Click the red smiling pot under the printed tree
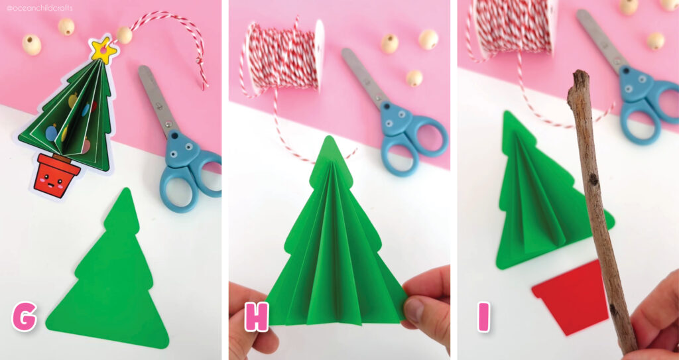pyautogui.click(x=58, y=175)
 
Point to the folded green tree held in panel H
pyautogui.click(x=335, y=245)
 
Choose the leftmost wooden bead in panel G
pyautogui.click(x=31, y=44)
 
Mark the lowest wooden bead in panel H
pyautogui.click(x=414, y=78)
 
